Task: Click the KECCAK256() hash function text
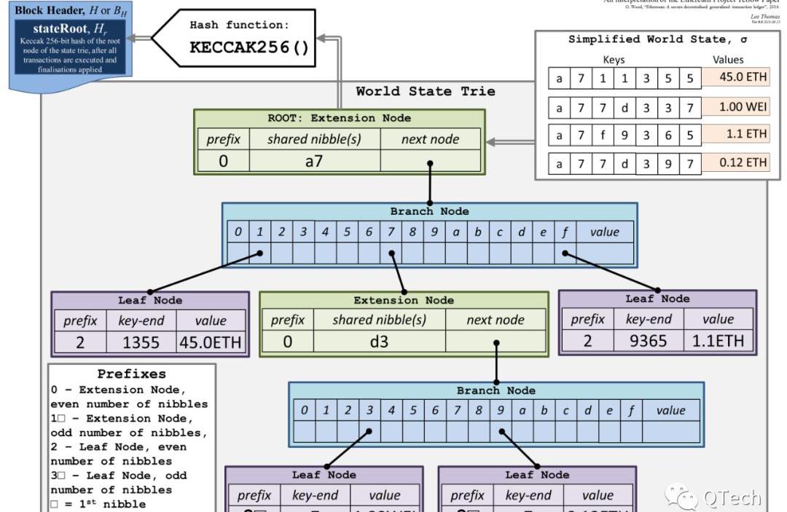tap(249, 47)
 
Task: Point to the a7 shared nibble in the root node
tap(314, 161)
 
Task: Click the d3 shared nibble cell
tap(379, 341)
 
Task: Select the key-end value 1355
tap(141, 342)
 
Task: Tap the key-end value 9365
tap(648, 340)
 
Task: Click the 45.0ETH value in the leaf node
tap(211, 342)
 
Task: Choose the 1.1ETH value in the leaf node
tap(718, 340)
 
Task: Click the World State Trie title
tap(426, 91)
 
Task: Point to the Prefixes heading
tap(132, 374)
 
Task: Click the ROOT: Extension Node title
tap(339, 118)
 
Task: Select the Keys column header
tap(614, 60)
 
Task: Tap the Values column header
tap(729, 60)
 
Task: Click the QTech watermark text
tap(732, 497)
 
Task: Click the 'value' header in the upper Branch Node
tap(604, 232)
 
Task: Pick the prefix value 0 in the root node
tap(223, 161)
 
